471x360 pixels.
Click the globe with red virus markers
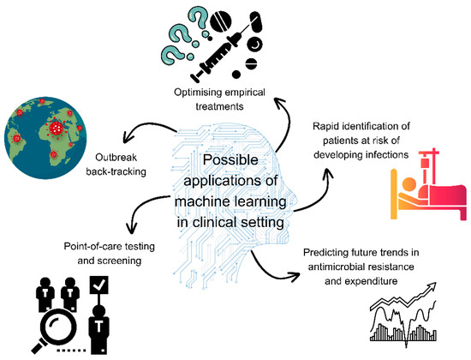click(x=47, y=138)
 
